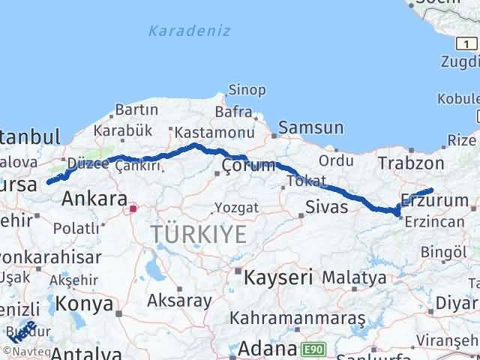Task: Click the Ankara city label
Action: point(94,199)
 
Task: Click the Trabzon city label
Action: point(411,163)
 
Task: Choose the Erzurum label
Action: point(428,200)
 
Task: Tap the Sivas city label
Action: point(327,206)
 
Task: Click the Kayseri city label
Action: point(277,277)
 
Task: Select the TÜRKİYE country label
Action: point(198,235)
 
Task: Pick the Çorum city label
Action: point(249,165)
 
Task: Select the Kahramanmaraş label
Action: point(297,319)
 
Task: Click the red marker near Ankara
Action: point(133,209)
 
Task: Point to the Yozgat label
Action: point(236,207)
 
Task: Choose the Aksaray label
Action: point(180,301)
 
